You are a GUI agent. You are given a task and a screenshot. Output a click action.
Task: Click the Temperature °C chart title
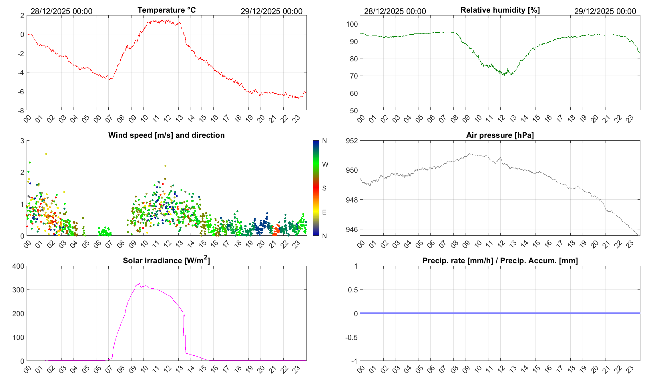click(x=166, y=10)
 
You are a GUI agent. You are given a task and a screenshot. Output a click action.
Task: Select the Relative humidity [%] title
click(x=500, y=10)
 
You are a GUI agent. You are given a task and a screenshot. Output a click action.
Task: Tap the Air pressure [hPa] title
click(x=500, y=135)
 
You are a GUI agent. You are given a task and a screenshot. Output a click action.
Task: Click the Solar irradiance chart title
click(x=166, y=260)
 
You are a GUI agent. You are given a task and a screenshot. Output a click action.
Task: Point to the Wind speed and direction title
click(x=166, y=135)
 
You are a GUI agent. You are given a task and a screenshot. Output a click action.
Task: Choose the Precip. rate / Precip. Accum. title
click(x=500, y=261)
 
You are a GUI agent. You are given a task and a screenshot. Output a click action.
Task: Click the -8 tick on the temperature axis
click(x=21, y=111)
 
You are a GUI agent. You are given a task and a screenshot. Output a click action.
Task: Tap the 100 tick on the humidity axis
click(x=352, y=24)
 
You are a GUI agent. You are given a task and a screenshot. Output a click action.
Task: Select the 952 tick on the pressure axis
click(x=352, y=141)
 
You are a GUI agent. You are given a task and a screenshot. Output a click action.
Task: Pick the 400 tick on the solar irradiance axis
click(x=18, y=266)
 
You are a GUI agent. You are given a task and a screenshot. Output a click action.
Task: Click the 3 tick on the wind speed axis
click(x=22, y=141)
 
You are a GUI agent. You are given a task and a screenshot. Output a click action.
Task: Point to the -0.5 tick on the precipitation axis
click(x=351, y=337)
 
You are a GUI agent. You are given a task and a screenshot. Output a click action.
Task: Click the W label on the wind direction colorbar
click(x=325, y=164)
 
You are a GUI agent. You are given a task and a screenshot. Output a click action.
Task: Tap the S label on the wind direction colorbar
click(x=324, y=188)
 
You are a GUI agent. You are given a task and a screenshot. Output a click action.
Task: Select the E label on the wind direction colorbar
click(x=324, y=212)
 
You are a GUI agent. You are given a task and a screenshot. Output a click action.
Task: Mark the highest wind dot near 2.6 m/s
click(x=46, y=154)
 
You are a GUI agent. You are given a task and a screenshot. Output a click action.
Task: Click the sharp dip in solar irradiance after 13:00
click(x=183, y=334)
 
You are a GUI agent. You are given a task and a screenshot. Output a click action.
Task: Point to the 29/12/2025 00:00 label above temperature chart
click(x=271, y=11)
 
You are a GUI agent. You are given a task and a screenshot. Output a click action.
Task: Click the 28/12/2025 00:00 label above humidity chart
click(x=395, y=11)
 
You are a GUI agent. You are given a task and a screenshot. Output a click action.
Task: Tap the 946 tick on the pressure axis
click(x=352, y=229)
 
